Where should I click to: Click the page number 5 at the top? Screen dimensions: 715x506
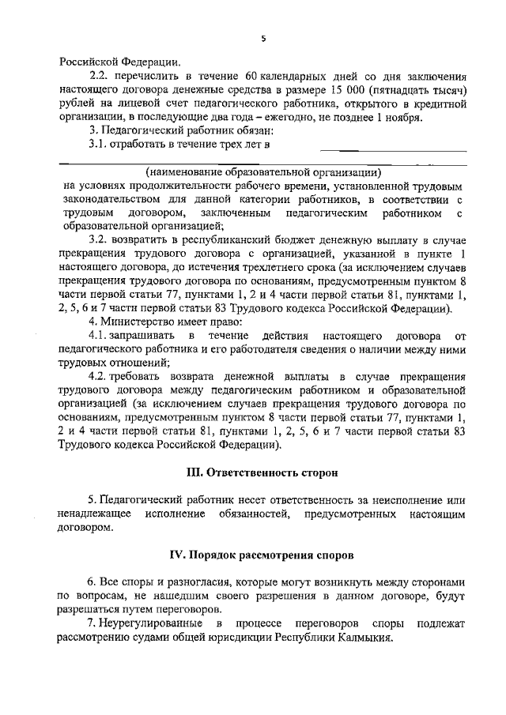point(264,39)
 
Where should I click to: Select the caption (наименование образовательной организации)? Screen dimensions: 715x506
point(264,172)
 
